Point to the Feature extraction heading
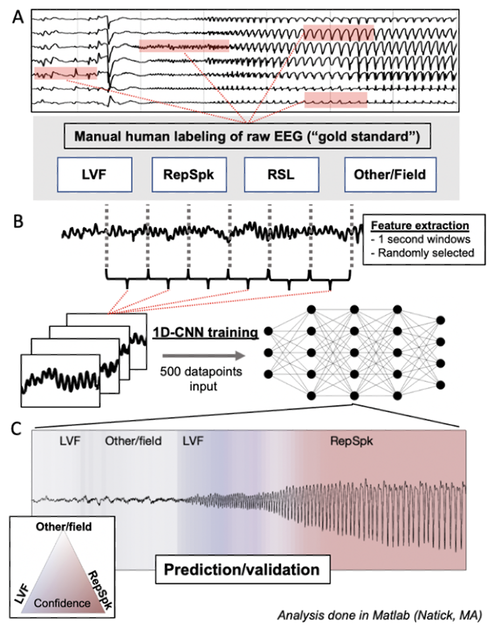[418, 225]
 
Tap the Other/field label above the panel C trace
[133, 442]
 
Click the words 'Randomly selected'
[421, 253]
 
